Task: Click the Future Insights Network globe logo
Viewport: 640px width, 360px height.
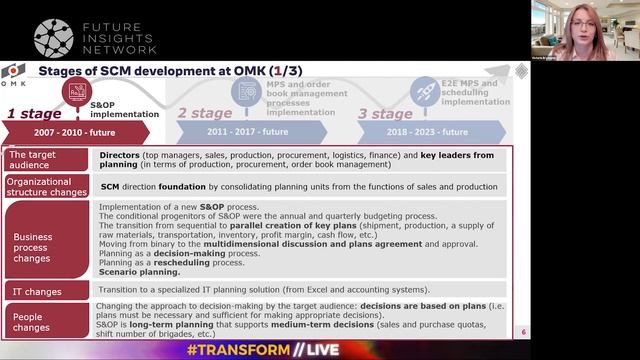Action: tap(53, 37)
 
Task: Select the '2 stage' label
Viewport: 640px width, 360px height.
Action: tap(204, 113)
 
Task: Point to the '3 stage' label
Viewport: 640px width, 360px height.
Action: tap(385, 113)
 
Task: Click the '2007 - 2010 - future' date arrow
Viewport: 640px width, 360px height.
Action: tap(76, 132)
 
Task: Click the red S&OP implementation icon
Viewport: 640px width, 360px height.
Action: tap(75, 92)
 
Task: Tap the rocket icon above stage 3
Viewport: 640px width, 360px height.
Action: tap(425, 91)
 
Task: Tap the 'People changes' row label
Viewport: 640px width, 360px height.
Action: tap(31, 320)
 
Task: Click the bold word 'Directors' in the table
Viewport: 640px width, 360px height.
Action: tap(119, 156)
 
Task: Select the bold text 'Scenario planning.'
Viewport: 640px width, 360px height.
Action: tap(139, 272)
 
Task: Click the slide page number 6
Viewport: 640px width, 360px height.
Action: tap(523, 331)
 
